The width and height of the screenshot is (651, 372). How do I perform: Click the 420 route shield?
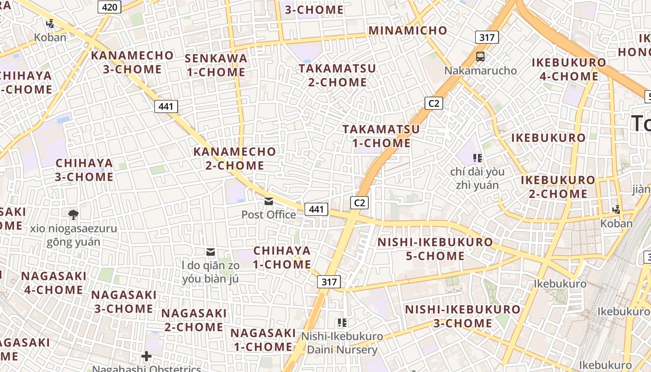click(x=110, y=7)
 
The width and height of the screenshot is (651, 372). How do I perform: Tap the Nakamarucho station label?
click(x=480, y=71)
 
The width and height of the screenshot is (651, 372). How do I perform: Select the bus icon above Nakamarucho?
click(x=480, y=57)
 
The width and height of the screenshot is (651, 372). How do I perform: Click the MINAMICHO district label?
click(x=408, y=31)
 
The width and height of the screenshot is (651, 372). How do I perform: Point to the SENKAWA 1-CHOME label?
click(x=216, y=65)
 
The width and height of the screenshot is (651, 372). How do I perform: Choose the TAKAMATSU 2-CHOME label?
click(x=337, y=75)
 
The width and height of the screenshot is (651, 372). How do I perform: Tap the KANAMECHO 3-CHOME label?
click(x=132, y=62)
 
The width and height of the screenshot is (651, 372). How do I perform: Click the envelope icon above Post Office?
click(x=269, y=201)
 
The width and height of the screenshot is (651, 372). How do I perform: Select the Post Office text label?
click(x=269, y=214)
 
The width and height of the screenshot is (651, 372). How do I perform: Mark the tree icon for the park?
click(x=73, y=214)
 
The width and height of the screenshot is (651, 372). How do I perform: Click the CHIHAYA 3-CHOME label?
click(x=84, y=170)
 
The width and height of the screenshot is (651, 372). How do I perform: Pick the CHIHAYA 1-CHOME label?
click(x=282, y=258)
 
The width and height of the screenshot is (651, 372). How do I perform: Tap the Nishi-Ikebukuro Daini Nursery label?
click(x=342, y=343)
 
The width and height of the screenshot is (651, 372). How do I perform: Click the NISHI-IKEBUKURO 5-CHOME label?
click(x=435, y=249)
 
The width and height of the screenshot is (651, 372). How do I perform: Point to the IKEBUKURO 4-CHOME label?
click(x=569, y=69)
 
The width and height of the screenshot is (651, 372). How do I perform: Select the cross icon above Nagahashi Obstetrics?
click(x=146, y=357)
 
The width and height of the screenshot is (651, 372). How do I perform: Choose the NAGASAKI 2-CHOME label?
click(x=194, y=320)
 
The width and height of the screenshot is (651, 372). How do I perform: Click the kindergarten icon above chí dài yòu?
click(x=477, y=158)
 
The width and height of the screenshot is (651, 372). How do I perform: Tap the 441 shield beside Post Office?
click(x=316, y=209)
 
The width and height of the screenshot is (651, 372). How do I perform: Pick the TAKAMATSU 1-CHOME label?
click(x=381, y=136)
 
